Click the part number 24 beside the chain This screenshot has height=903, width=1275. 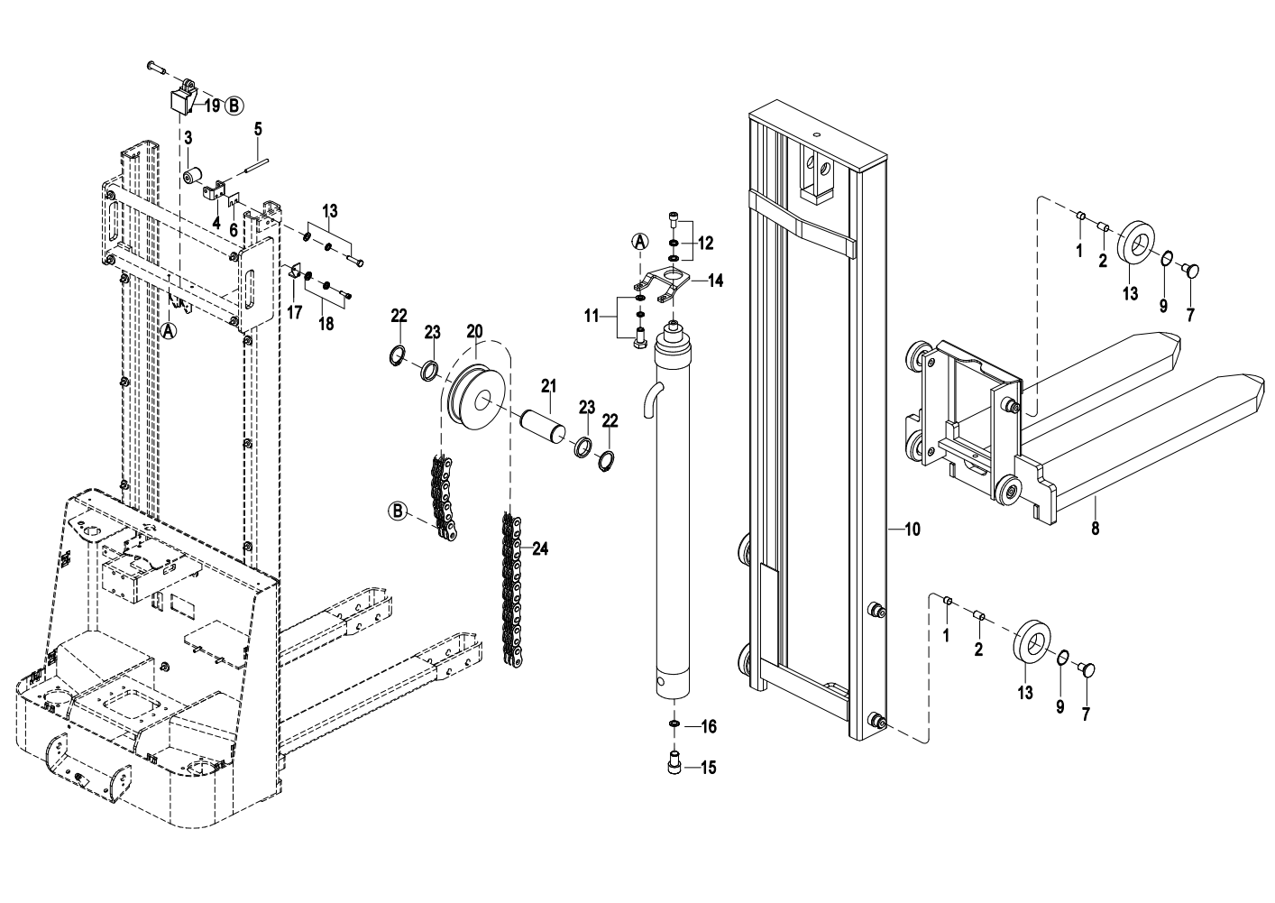click(540, 548)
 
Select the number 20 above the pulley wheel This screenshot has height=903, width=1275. click(474, 331)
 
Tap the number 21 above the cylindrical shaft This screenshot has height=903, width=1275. click(548, 386)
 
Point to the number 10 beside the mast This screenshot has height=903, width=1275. click(912, 530)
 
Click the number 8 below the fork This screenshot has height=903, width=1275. click(1096, 529)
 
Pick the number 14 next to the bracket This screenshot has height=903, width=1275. click(715, 281)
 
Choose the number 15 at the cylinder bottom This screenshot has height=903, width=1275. click(708, 768)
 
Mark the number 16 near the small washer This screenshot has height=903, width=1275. click(709, 726)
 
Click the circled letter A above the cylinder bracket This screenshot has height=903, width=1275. click(640, 242)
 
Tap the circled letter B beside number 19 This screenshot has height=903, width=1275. click(234, 106)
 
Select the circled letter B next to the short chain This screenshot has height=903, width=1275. click(398, 511)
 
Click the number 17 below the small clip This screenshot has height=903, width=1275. click(294, 312)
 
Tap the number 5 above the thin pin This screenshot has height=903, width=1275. click(258, 129)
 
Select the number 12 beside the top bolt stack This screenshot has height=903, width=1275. click(705, 244)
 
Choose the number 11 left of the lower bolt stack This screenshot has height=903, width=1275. click(592, 315)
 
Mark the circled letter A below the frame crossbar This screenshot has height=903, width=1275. click(168, 331)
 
